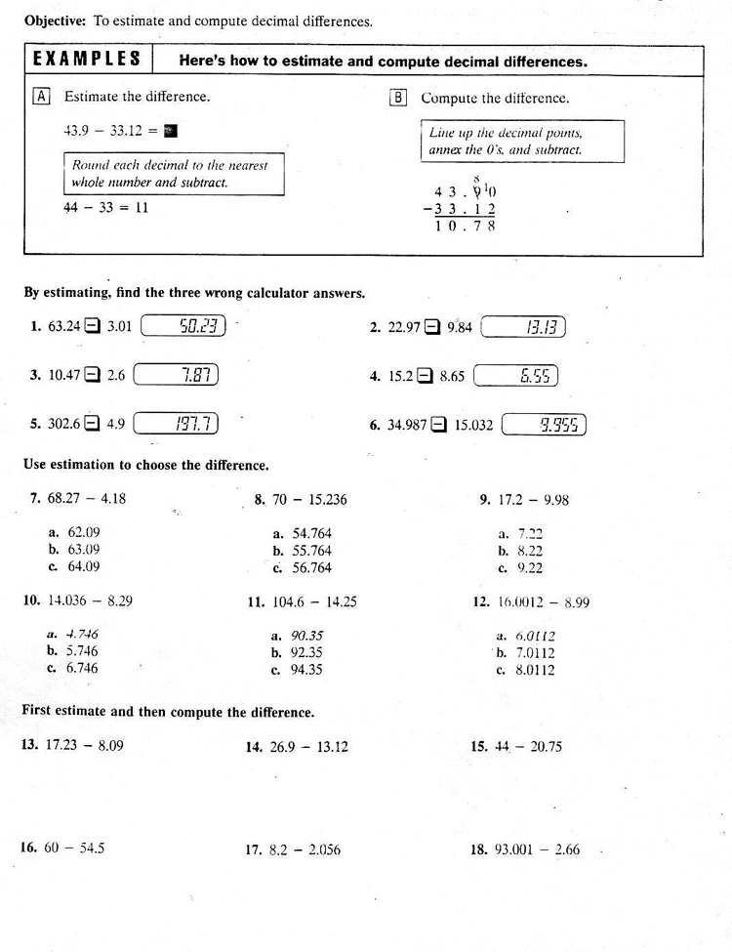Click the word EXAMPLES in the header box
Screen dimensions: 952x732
pos(87,59)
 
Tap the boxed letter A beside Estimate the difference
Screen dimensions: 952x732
pos(42,97)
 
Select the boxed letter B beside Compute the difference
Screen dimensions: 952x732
pos(398,98)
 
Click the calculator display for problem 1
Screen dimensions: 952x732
pos(183,327)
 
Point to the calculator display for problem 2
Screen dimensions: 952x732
pos(524,327)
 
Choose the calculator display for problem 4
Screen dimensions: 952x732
pos(516,375)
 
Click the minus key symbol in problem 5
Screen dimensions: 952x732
pos(93,424)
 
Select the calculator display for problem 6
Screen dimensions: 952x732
pos(544,424)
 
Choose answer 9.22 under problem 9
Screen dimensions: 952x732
pos(528,567)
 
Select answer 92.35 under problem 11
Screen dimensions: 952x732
pos(302,652)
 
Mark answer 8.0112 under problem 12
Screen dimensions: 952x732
pos(533,670)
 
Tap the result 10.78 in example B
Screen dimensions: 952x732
pos(466,226)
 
